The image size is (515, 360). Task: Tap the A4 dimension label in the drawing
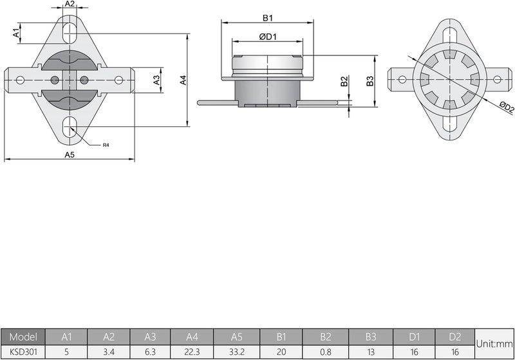(x=183, y=80)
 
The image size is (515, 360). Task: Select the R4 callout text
(x=106, y=146)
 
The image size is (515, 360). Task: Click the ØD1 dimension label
(x=268, y=37)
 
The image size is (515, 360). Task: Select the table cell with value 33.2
(x=236, y=352)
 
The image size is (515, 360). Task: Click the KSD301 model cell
(x=23, y=352)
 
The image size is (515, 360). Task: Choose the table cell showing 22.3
(x=192, y=352)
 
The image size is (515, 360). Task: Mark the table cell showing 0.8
(x=325, y=352)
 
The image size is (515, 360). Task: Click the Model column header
(x=23, y=336)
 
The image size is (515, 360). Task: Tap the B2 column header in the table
(x=325, y=336)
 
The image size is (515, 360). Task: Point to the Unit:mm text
(x=495, y=345)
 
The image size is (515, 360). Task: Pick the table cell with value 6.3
(x=151, y=352)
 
